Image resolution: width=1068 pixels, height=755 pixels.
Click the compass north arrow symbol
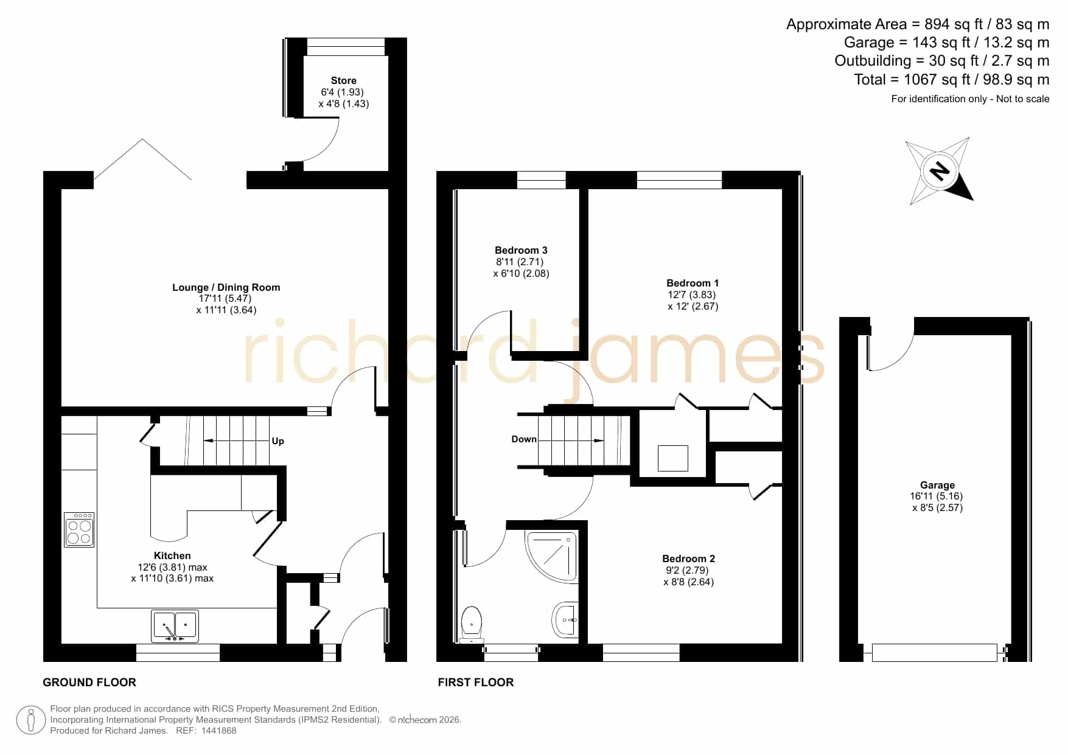940,171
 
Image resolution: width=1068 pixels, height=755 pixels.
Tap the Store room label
343,80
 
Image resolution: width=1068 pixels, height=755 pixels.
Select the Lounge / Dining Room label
226,287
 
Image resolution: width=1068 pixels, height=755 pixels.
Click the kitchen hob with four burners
79,530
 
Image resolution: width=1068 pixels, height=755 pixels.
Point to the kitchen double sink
175,627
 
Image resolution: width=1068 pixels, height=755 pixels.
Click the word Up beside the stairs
277,441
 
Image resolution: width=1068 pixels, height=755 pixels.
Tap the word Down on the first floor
524,439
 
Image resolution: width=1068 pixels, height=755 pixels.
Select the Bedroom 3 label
521,250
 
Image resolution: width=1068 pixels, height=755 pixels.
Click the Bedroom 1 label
693,283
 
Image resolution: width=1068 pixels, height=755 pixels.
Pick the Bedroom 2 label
689,558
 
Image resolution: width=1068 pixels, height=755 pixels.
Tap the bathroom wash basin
566,620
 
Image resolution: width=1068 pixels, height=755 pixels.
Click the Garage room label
937,485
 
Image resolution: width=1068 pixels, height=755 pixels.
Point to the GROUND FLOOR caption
89,683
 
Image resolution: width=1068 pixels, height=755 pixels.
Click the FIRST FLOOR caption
476,683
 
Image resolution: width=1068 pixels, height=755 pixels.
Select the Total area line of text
952,79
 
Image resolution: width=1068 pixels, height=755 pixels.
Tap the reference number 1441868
218,731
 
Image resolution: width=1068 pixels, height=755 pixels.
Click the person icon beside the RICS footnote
30,720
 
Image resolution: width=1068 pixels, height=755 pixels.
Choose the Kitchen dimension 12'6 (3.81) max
173,567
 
